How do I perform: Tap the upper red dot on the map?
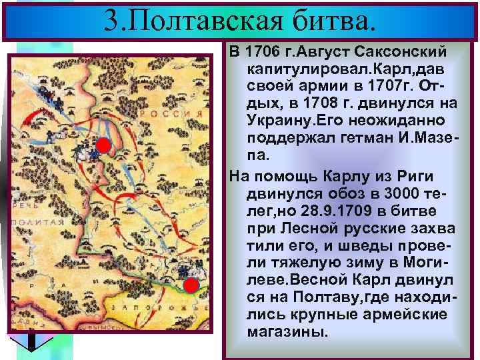point(103,146)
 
